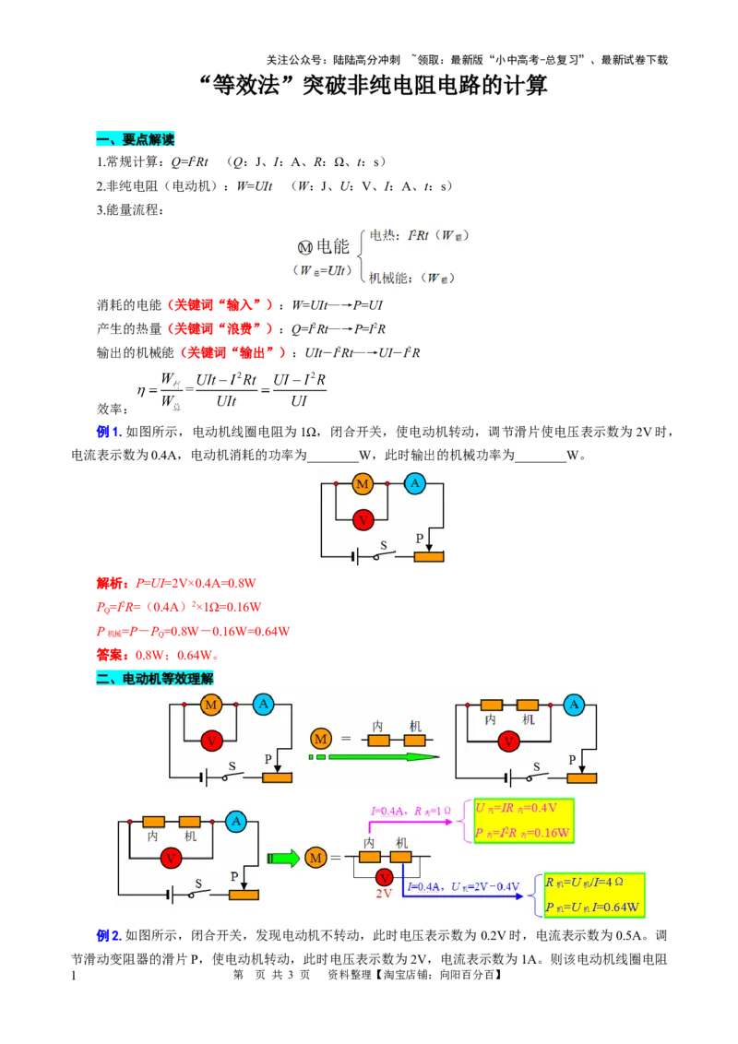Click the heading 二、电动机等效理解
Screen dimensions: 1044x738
(x=154, y=679)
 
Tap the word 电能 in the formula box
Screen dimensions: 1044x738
(x=333, y=246)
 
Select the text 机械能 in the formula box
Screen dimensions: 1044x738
(x=389, y=278)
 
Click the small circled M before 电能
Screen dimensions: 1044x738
(x=305, y=248)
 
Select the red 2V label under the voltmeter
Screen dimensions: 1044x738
(x=384, y=894)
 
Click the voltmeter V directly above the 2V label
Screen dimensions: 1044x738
(x=384, y=876)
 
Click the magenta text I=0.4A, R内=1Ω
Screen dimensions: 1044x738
(x=411, y=812)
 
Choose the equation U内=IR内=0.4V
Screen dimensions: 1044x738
(x=517, y=808)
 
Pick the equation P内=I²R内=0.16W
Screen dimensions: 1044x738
(x=522, y=832)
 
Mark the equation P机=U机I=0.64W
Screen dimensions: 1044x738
(x=592, y=907)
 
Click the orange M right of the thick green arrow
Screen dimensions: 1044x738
(x=315, y=858)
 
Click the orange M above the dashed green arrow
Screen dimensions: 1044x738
(x=321, y=738)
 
